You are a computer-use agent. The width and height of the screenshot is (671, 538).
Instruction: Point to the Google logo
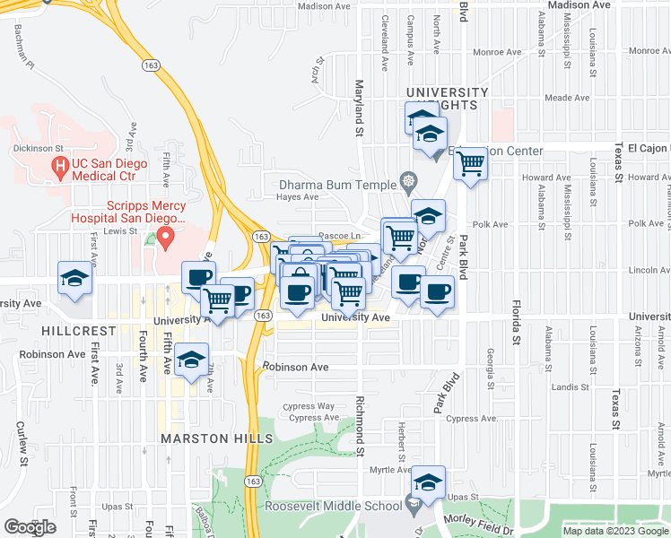[30, 527]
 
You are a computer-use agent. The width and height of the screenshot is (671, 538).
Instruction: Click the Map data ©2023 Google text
[614, 531]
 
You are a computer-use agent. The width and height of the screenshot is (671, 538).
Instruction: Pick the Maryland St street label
[358, 108]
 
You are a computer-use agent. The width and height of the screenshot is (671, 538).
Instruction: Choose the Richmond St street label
[359, 425]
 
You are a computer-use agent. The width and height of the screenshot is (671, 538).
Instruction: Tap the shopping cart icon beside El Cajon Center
[470, 164]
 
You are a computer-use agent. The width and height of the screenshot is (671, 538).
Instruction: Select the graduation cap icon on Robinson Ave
[191, 360]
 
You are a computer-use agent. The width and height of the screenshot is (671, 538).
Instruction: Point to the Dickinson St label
[38, 148]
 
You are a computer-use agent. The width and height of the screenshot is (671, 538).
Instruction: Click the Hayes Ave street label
[298, 197]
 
